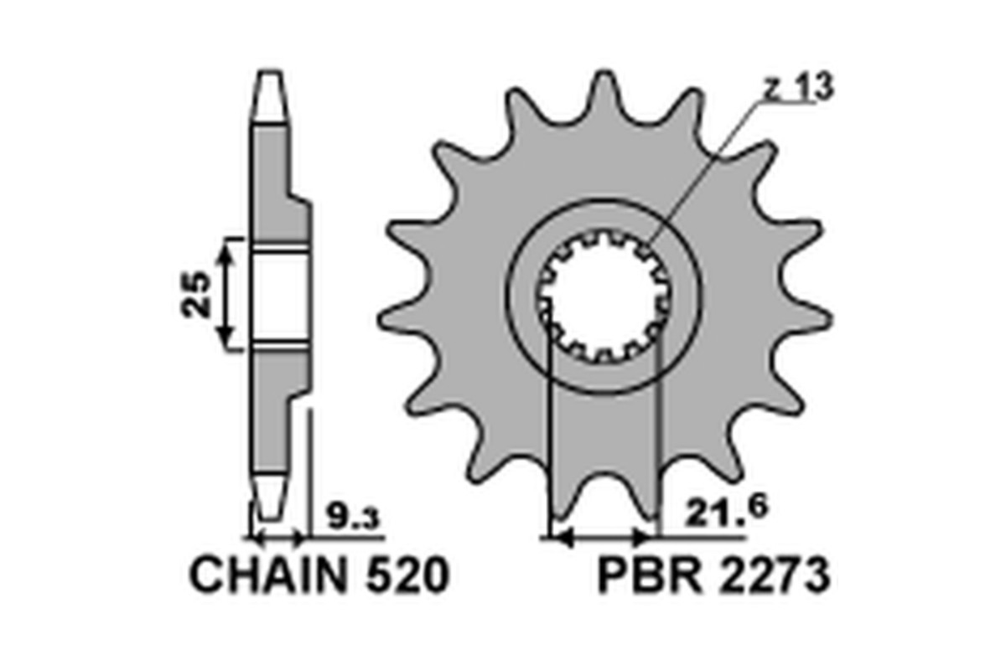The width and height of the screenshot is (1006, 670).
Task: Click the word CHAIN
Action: coord(268,575)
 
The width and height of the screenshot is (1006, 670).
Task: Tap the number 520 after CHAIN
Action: coord(407,575)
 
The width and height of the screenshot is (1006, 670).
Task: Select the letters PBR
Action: coord(650,575)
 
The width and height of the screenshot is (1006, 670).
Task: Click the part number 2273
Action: coord(773,575)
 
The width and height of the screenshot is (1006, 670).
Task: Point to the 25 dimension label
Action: coord(196,295)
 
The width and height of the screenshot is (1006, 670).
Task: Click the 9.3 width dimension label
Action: coord(354,516)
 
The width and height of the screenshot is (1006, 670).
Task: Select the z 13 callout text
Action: coord(798,86)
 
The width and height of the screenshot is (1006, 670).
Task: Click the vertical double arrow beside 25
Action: coord(225,295)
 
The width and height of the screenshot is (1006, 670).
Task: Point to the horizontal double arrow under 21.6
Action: coord(603,536)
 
